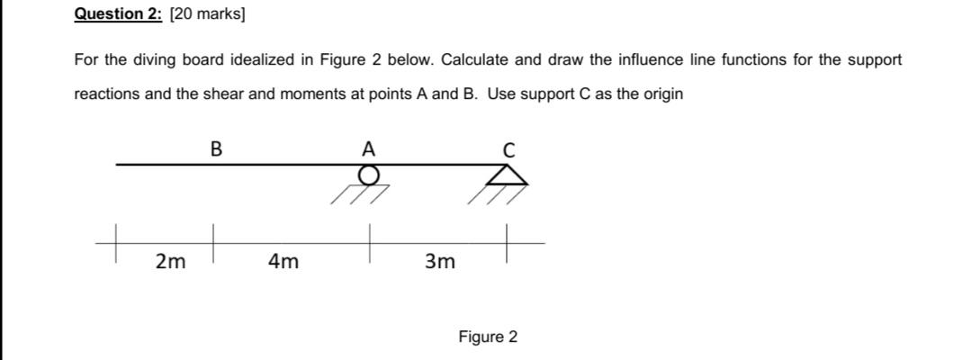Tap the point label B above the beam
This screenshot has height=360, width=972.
(215, 148)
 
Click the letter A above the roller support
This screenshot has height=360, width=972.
(367, 148)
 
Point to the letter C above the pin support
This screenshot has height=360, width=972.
(508, 150)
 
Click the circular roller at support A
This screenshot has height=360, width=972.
(367, 175)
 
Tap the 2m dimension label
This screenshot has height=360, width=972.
(166, 262)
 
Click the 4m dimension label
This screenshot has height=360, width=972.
(284, 262)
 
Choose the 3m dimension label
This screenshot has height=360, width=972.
(440, 262)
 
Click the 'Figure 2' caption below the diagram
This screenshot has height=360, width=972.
(488, 337)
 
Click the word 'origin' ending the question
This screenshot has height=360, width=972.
(661, 94)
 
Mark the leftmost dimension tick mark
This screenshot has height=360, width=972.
(116, 243)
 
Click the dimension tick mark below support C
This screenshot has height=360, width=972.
(508, 243)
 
